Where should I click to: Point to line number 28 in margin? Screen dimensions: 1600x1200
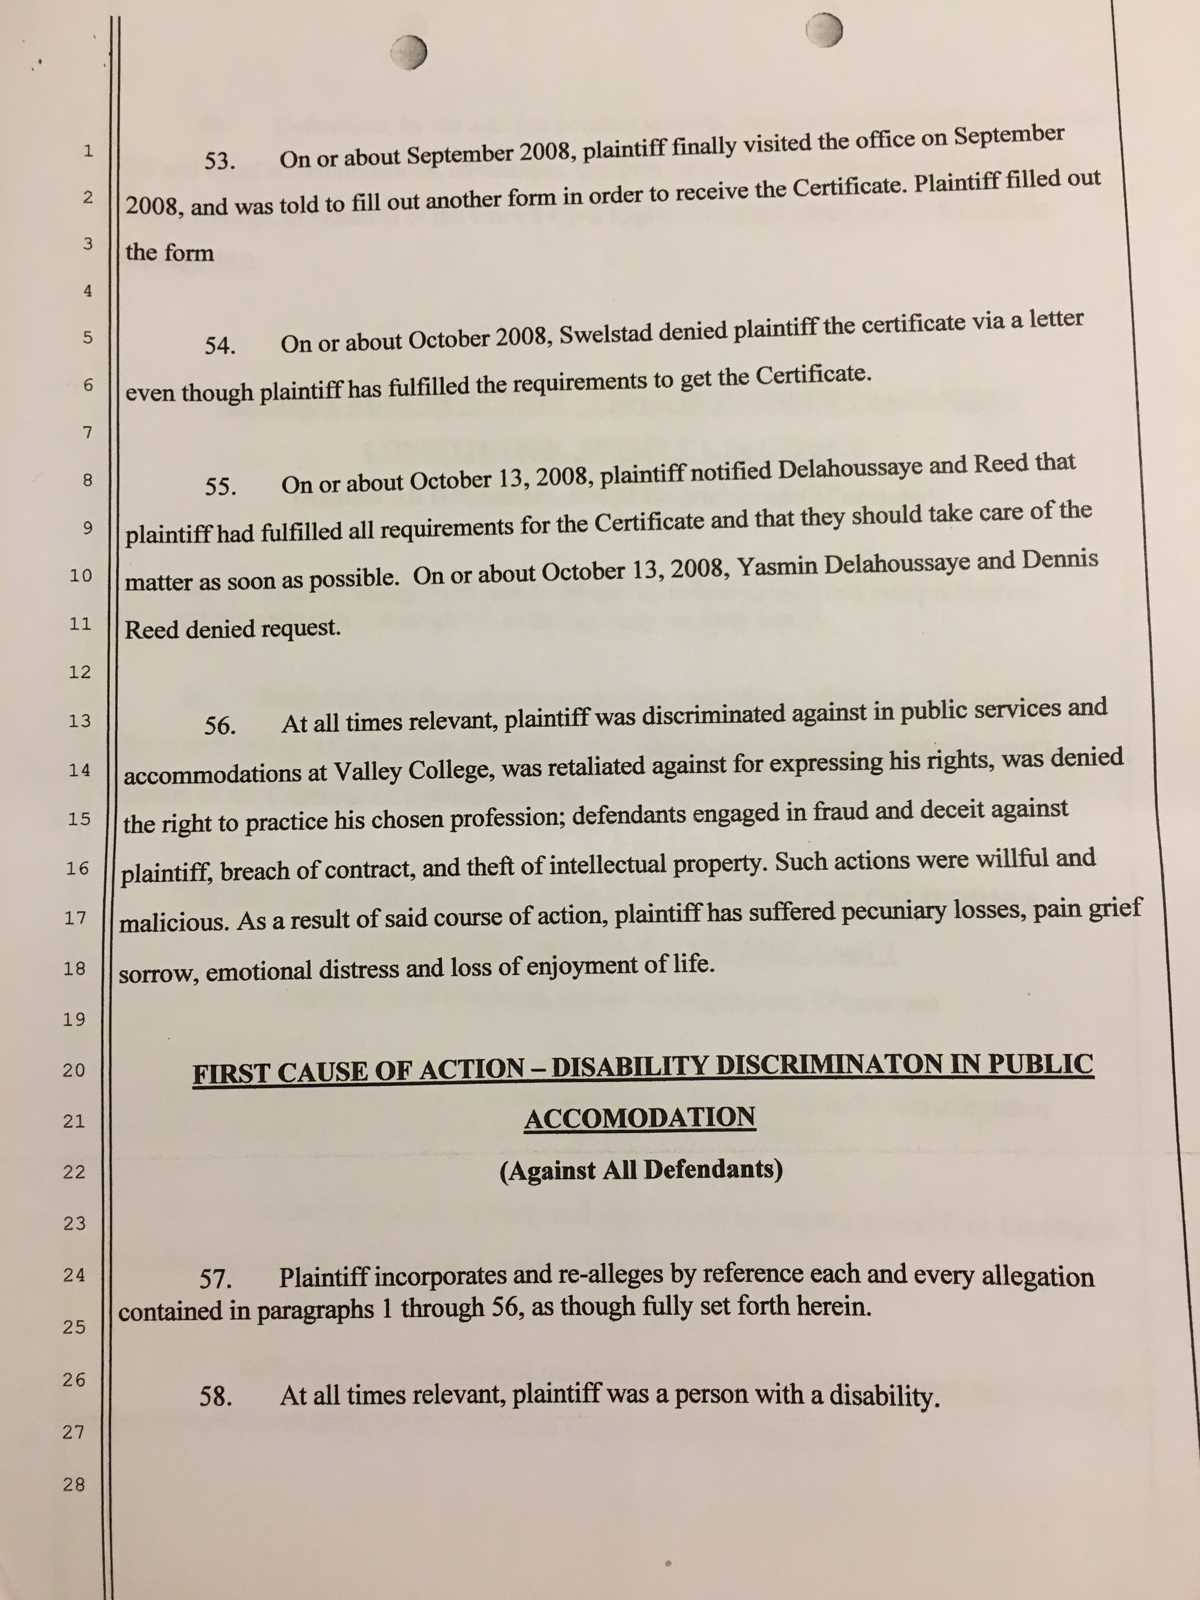point(74,1484)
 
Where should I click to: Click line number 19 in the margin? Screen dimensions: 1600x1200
point(75,1019)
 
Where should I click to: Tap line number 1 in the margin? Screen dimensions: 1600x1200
point(88,151)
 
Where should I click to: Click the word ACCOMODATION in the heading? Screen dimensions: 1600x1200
point(639,1118)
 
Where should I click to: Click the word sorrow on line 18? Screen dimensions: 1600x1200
point(158,974)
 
